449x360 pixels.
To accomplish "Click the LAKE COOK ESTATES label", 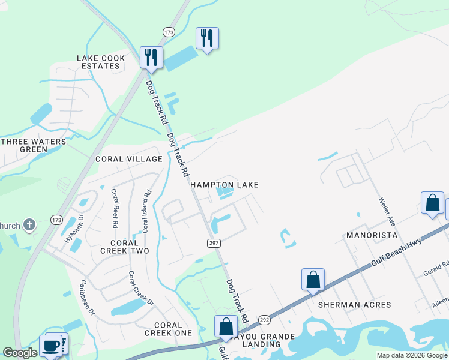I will [101, 62].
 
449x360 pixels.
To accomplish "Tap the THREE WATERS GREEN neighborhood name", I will [32, 145].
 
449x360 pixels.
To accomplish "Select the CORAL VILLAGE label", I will [129, 159].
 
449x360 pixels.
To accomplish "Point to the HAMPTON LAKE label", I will [224, 185].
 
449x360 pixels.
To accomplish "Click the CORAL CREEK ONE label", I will [168, 329].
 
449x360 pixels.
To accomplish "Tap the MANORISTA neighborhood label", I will [373, 235].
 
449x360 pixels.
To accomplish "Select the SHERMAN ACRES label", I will [354, 305].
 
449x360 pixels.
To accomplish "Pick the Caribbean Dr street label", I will [88, 297].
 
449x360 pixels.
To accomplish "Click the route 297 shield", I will [214, 242].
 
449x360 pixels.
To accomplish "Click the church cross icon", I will [29, 226].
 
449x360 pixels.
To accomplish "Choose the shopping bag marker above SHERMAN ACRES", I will [313, 280].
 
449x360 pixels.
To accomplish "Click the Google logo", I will [20, 353].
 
